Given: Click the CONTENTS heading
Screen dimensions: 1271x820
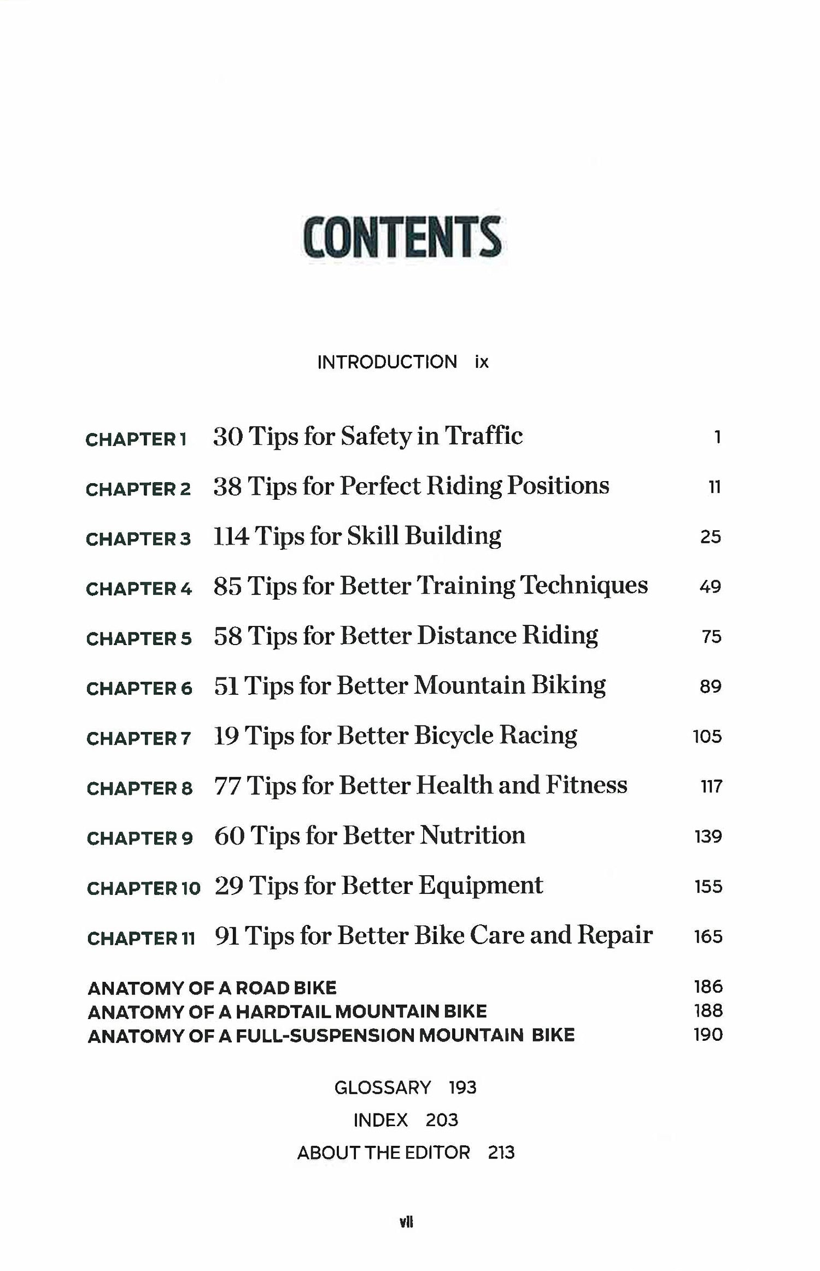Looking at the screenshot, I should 402,237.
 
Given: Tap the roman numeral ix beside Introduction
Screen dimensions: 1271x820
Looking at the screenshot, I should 481,362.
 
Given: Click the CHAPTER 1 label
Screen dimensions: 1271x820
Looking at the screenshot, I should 136,439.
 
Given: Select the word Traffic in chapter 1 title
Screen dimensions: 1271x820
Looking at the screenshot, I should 483,436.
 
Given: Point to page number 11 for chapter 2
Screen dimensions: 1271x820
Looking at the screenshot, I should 714,487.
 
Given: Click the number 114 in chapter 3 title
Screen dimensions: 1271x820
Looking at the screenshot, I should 231,536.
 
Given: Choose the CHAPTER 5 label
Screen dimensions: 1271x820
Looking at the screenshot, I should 139,639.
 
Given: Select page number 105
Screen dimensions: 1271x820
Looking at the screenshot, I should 707,736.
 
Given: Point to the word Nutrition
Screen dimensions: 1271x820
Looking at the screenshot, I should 472,835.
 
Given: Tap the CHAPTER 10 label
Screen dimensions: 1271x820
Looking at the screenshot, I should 144,888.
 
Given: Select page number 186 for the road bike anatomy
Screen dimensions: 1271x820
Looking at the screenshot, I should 708,987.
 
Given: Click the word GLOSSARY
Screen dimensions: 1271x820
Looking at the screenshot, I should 382,1087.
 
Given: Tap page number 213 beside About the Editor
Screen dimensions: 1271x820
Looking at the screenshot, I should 501,1152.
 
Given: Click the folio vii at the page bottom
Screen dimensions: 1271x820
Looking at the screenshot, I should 406,1222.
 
